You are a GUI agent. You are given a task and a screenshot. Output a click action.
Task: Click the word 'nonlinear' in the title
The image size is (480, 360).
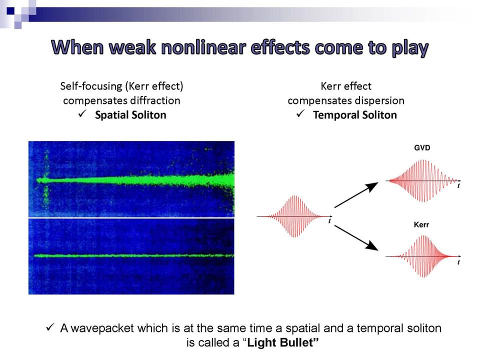click(x=203, y=48)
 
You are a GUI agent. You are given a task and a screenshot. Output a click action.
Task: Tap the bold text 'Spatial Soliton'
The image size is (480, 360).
click(x=130, y=115)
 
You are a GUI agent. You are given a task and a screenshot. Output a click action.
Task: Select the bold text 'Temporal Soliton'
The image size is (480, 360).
click(x=355, y=115)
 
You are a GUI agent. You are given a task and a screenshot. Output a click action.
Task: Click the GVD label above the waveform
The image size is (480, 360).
click(x=422, y=148)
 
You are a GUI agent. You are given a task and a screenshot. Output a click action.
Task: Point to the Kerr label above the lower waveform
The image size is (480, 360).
click(x=421, y=224)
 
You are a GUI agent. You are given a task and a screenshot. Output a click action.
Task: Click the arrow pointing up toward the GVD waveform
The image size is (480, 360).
click(x=356, y=194)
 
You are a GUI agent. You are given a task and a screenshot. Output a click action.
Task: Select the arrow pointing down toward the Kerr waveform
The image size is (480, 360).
click(x=356, y=238)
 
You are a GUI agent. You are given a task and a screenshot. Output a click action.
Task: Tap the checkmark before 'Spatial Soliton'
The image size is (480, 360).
click(x=82, y=114)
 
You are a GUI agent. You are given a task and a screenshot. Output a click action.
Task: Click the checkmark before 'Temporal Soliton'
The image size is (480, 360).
click(x=300, y=114)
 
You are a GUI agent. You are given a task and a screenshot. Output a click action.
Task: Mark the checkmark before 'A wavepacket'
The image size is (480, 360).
click(x=50, y=327)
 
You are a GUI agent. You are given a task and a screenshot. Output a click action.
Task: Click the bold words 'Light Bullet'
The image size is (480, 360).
click(x=280, y=342)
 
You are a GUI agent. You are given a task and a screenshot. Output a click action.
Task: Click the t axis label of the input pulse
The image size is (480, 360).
click(x=329, y=220)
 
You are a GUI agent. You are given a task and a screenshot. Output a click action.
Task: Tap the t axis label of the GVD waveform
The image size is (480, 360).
click(x=458, y=185)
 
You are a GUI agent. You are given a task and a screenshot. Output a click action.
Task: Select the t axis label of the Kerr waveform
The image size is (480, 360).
click(x=458, y=262)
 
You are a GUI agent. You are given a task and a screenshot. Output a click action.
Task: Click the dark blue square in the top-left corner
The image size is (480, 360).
click(x=10, y=11)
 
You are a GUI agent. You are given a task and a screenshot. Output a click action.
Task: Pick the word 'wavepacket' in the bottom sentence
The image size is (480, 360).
click(x=102, y=328)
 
